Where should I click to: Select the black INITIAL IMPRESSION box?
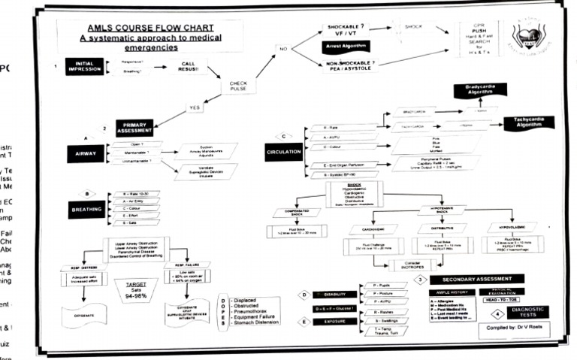[84, 66]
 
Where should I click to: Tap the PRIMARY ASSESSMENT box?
[134, 127]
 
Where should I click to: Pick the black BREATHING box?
[86, 210]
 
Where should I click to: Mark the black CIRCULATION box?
[284, 152]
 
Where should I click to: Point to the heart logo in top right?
[529, 34]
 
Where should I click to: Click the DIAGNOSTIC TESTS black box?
[527, 312]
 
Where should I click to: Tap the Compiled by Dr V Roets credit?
[511, 328]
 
